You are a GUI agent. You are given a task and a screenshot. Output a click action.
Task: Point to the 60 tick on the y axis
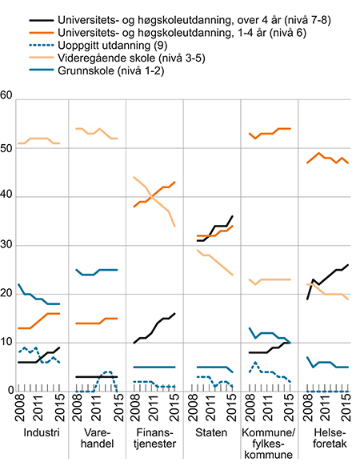point(7,98)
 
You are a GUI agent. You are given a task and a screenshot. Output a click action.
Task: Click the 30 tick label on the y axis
point(7,245)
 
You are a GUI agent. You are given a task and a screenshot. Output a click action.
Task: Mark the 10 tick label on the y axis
point(7,343)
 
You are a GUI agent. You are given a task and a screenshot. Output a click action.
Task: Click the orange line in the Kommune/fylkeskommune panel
point(269,134)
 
